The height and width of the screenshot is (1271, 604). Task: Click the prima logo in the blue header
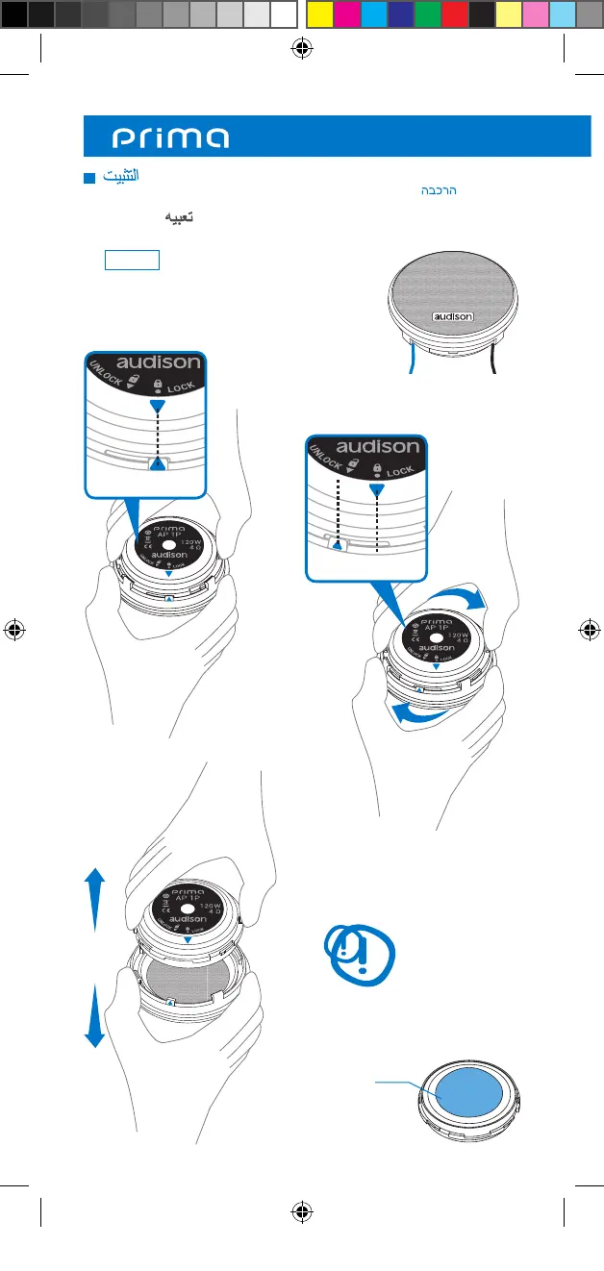(x=171, y=137)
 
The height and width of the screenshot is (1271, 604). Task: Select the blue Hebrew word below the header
(x=437, y=191)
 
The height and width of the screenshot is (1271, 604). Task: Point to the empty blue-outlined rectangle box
(x=132, y=261)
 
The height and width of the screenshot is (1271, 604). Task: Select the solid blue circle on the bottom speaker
(x=467, y=1093)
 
